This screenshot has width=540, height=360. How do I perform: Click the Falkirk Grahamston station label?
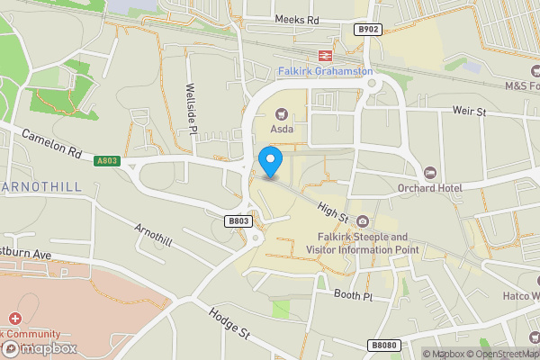[x=325, y=71]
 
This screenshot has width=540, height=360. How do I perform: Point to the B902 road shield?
[x=367, y=29]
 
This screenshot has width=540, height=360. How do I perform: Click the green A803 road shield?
[x=106, y=161]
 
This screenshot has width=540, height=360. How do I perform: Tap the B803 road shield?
[x=238, y=221]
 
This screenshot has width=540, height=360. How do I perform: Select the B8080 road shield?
[x=382, y=345]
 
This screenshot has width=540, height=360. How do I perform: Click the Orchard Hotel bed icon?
[x=429, y=172]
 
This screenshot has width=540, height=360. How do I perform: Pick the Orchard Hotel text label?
[x=428, y=188]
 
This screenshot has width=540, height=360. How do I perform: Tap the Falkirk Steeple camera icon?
[x=362, y=221]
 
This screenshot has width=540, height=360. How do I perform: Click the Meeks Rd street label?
[x=297, y=20]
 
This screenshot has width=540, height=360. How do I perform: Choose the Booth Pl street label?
[x=352, y=295]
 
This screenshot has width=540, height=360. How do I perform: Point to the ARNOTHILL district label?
[x=40, y=186]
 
